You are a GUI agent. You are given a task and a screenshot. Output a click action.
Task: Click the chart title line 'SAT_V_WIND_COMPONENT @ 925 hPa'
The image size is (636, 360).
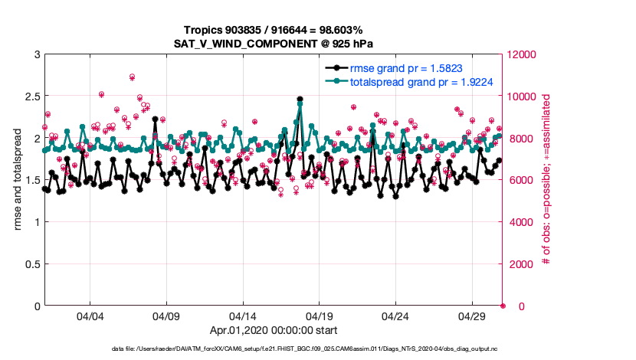274,43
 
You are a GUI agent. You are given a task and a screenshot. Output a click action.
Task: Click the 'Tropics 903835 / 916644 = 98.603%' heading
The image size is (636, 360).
274,29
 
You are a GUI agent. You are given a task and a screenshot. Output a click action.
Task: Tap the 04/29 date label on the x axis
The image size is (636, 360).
471,316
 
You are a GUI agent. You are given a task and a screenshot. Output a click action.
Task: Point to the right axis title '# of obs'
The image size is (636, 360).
546,180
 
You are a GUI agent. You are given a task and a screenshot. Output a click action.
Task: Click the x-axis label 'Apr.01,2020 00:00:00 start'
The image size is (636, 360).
274,331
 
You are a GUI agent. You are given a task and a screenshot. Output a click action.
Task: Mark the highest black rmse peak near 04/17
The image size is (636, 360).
300,99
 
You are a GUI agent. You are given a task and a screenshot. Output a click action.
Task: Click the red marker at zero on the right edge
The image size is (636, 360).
503,306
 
